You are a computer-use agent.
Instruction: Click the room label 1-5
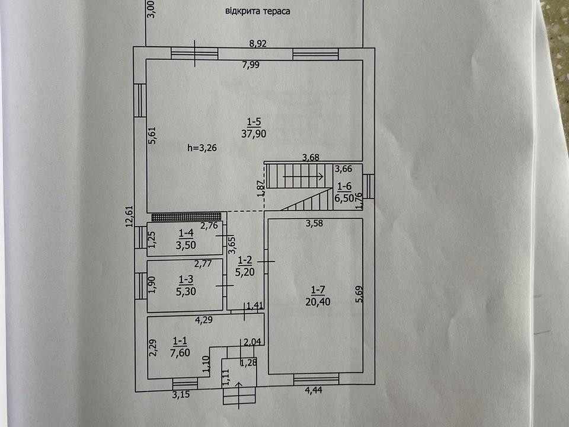254,122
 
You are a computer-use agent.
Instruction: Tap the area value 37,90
254,133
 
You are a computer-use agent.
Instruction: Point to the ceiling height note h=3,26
202,148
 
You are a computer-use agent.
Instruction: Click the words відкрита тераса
258,11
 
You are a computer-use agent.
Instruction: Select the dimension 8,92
258,43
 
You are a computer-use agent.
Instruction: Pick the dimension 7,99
251,65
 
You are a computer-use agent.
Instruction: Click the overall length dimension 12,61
130,217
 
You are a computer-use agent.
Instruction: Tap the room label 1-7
318,290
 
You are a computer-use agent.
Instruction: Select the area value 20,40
318,302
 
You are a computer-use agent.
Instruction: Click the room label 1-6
344,187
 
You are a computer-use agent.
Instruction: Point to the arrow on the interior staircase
303,177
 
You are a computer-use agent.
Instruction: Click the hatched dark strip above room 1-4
186,217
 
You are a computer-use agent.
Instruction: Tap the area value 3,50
186,245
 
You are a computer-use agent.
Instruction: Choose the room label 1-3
186,279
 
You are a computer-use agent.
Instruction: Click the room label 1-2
245,260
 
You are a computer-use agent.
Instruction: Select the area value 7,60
180,352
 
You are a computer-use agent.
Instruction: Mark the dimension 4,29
204,320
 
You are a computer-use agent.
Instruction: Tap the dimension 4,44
314,391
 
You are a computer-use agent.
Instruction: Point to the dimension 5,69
359,294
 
